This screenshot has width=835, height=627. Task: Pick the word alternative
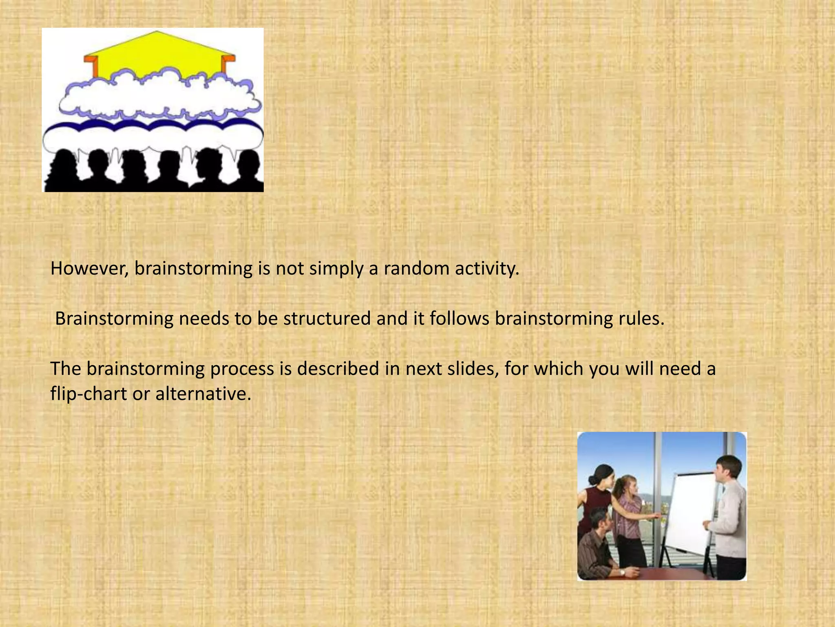click(203, 394)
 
